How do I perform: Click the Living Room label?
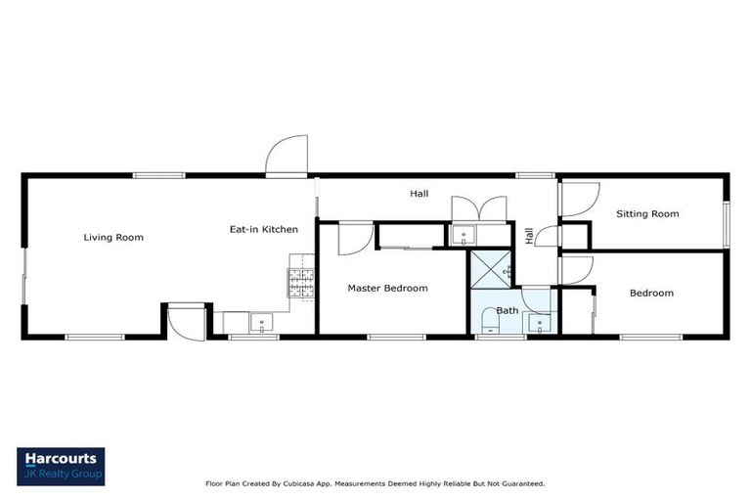(x=113, y=237)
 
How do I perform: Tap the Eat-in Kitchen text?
(x=263, y=229)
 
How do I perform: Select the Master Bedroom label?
(x=388, y=288)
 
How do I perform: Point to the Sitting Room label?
(x=646, y=213)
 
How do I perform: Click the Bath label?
(x=508, y=310)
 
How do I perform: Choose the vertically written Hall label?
(x=529, y=235)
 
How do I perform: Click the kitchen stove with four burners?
(x=301, y=283)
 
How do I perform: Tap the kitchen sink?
(x=261, y=321)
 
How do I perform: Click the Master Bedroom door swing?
(x=354, y=239)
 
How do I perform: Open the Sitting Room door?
(x=574, y=199)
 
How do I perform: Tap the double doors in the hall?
(x=478, y=209)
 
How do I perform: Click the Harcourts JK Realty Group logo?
(x=61, y=466)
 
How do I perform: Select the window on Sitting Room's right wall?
(x=726, y=224)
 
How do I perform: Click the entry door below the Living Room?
(x=185, y=321)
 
